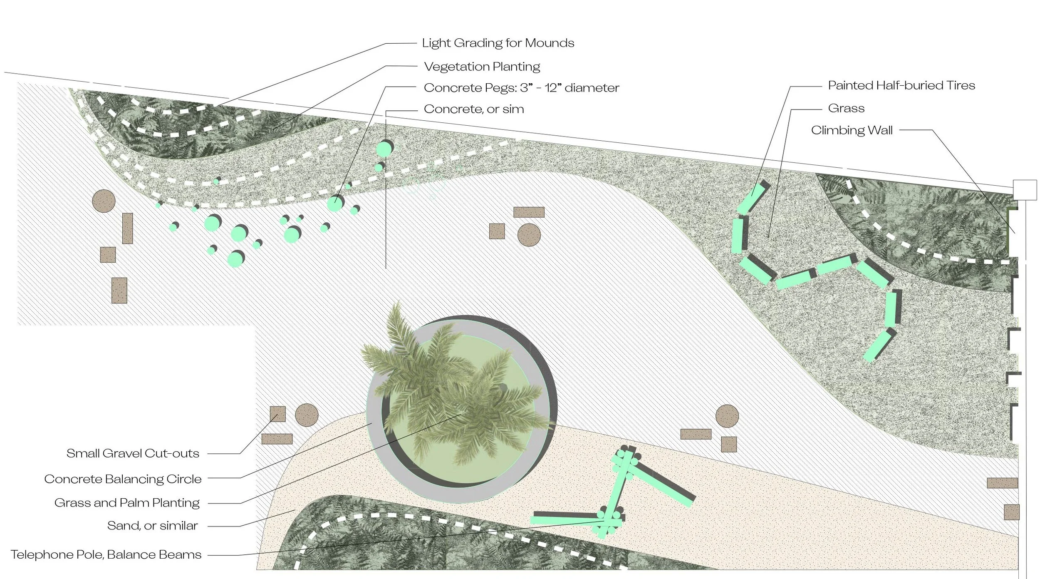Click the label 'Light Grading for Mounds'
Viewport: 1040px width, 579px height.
[498, 43]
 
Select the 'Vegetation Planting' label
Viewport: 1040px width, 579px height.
[482, 67]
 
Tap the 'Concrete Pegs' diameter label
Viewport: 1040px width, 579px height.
[521, 88]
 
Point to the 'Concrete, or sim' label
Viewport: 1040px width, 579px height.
[473, 109]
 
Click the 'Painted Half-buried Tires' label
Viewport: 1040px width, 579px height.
[901, 85]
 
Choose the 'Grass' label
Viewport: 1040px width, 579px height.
[846, 108]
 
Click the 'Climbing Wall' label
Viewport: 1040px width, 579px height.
[852, 130]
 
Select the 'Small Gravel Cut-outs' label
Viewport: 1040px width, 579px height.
[133, 453]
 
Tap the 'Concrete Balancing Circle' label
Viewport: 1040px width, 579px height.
[123, 479]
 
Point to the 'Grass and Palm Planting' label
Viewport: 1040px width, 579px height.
[127, 503]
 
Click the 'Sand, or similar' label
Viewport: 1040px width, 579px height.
[152, 526]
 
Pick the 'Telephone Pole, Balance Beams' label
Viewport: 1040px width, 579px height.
[106, 554]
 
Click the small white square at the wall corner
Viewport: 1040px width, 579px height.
[1025, 190]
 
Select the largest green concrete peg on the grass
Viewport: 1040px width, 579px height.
[384, 149]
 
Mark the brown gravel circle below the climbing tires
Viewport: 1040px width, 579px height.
[727, 416]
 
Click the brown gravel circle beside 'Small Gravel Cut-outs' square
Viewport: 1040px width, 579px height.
[307, 415]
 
